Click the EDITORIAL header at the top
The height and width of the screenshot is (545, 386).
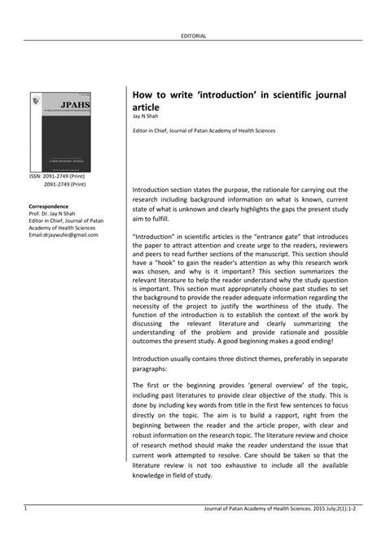click(193, 36)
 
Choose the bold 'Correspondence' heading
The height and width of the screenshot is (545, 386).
click(48, 207)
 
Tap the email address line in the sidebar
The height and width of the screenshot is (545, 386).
click(63, 236)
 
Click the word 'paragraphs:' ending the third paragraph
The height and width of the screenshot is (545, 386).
click(152, 366)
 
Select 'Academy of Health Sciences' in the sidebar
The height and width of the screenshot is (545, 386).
click(62, 229)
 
